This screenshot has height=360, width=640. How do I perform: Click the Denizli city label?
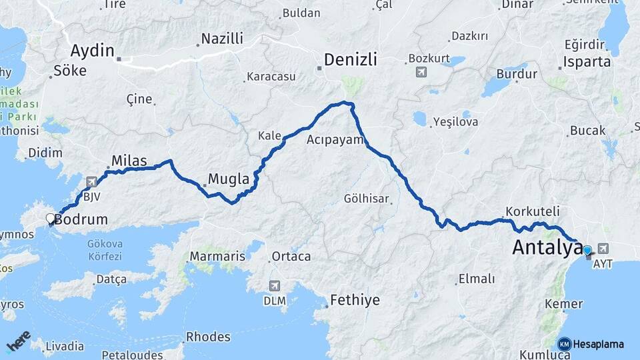click(351, 60)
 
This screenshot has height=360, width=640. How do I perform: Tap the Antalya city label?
click(547, 248)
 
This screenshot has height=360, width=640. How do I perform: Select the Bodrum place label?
click(81, 219)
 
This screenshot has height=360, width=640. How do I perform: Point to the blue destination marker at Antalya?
click(587, 251)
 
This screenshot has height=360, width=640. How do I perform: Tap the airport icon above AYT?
click(604, 248)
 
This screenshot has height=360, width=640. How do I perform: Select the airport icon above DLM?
click(274, 286)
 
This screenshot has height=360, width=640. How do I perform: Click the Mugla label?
click(229, 179)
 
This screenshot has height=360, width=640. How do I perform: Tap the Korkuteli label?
click(532, 211)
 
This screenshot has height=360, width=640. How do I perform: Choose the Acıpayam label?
click(335, 140)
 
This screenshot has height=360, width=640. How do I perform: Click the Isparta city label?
click(587, 62)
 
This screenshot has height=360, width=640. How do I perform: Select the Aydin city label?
click(93, 51)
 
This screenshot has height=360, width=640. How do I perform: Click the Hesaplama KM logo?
click(591, 344)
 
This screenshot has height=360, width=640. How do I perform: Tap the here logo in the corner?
click(19, 341)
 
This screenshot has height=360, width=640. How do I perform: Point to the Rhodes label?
click(208, 337)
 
